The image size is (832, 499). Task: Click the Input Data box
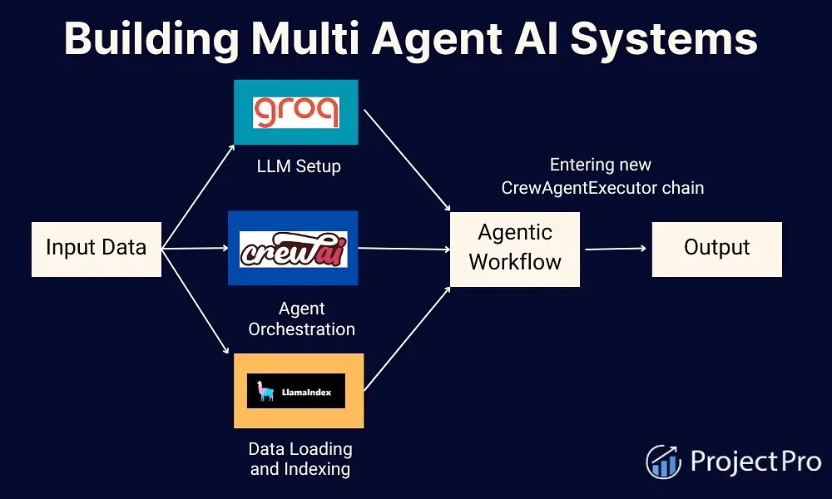click(96, 248)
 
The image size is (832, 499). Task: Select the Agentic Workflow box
click(515, 248)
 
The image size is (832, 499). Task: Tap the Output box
click(716, 248)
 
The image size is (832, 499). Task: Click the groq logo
click(296, 112)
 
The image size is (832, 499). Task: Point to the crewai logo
click(293, 248)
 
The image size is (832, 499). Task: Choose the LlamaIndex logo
click(296, 391)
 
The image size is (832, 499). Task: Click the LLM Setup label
click(297, 166)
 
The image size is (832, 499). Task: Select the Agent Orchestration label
click(302, 319)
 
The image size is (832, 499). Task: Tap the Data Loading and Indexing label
click(300, 459)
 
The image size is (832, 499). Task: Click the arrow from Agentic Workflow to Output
click(616, 248)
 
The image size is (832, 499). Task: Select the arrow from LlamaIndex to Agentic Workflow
click(408, 338)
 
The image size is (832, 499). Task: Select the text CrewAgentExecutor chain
click(602, 188)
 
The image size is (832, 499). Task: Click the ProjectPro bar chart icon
click(663, 462)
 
